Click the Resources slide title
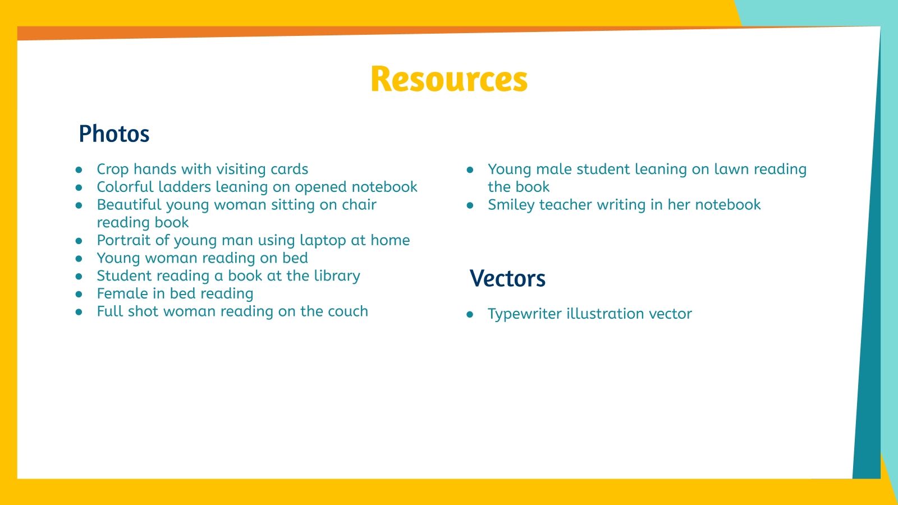449,79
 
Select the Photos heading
114,134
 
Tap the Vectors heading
507,279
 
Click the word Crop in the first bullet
113,169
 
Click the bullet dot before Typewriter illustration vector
470,314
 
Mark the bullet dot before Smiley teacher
470,205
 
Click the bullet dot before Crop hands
79,169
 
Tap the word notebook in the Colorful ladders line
385,187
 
